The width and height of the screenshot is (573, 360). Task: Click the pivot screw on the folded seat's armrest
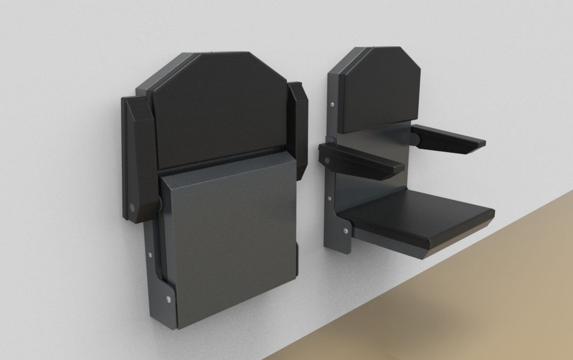[133, 206]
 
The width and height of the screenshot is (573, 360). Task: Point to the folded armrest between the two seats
[297, 129]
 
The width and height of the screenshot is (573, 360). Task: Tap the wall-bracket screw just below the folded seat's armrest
[149, 253]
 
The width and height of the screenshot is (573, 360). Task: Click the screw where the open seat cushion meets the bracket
[343, 231]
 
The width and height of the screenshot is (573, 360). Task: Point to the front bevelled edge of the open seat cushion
[458, 240]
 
